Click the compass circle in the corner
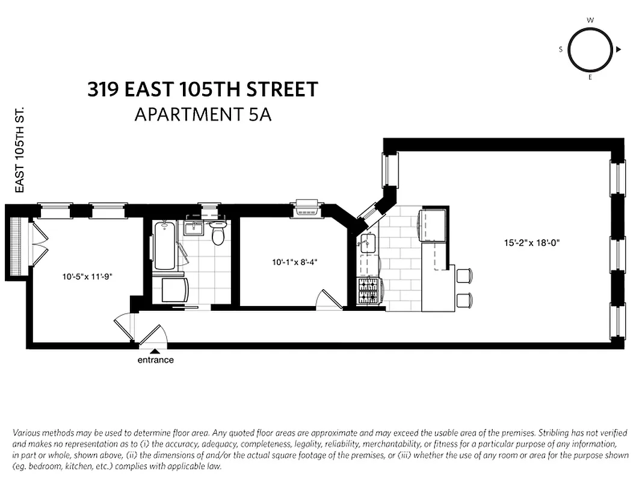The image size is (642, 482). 590,49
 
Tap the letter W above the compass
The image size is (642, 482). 590,20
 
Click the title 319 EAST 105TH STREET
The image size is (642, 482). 202,90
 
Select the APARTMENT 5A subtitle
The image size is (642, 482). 203,114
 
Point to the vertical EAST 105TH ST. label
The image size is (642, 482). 19,151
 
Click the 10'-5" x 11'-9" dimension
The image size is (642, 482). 87,277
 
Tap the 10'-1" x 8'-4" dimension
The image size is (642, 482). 294,262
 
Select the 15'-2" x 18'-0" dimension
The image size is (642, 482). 532,243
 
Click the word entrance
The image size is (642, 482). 155,360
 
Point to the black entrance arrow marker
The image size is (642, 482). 155,351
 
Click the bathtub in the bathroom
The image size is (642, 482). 164,246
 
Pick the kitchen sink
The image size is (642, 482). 368,243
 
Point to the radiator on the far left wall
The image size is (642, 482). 17,246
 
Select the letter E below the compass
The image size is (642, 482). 590,78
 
